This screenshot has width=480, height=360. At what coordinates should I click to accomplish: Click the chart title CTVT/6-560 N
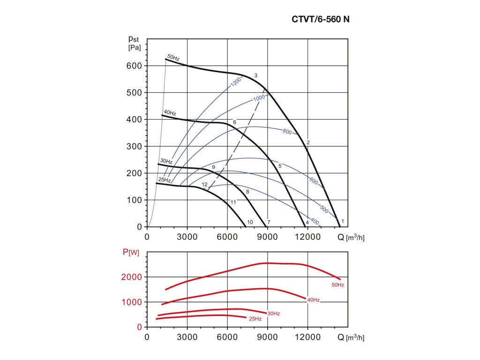tap(320, 19)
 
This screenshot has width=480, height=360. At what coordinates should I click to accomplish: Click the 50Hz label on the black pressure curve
tap(173, 58)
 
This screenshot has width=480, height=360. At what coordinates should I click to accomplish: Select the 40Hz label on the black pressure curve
tap(170, 113)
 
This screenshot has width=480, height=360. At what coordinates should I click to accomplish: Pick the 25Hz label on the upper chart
tap(164, 180)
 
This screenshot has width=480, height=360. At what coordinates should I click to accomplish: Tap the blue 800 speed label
tap(287, 132)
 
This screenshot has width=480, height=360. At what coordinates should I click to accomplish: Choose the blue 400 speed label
tap(315, 222)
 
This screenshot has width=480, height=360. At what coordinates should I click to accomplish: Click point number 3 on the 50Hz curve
tap(256, 75)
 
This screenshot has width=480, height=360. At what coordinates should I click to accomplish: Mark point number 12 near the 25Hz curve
tap(204, 185)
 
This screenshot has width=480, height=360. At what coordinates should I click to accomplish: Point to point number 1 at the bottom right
tap(343, 221)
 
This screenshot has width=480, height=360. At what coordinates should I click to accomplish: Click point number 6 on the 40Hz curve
tap(234, 122)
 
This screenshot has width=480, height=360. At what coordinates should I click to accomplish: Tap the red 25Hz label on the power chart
tap(255, 319)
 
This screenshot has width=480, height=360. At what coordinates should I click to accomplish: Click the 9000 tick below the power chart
tap(267, 337)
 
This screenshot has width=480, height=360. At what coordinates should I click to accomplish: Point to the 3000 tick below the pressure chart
tap(187, 237)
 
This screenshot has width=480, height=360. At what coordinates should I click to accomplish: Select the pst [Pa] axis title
tap(135, 43)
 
